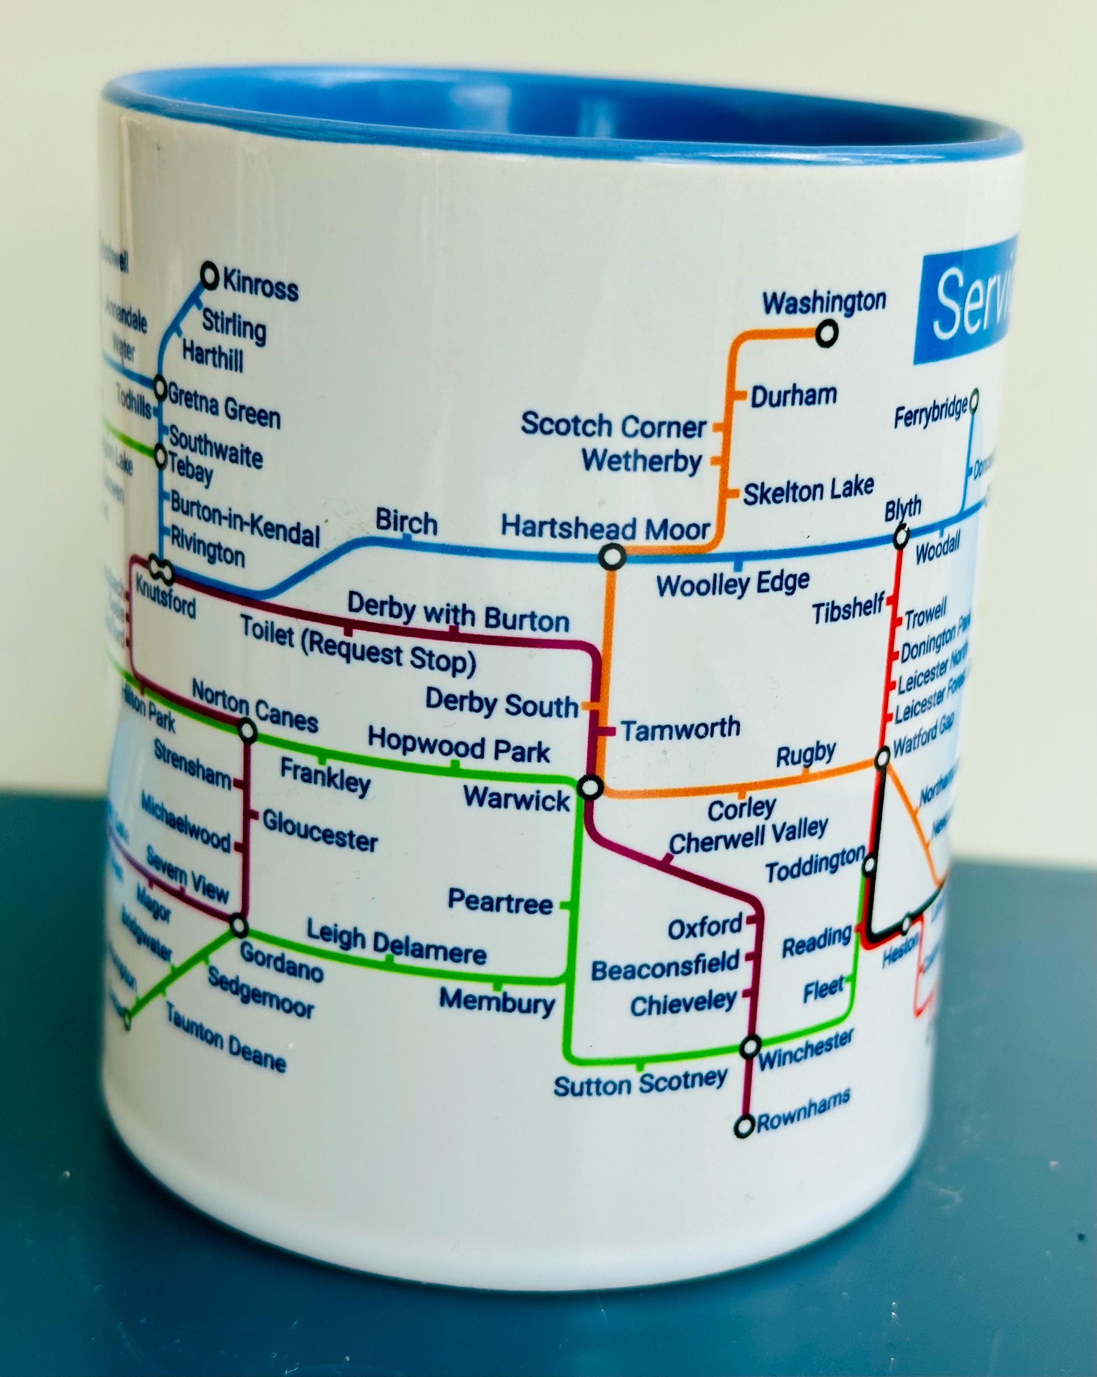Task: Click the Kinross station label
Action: coord(260,286)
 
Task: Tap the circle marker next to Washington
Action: coord(827,333)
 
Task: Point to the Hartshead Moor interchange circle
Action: coord(612,557)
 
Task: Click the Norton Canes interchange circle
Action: coord(247,729)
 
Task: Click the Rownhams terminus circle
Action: coord(744,1127)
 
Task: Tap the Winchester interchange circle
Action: coord(750,1047)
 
